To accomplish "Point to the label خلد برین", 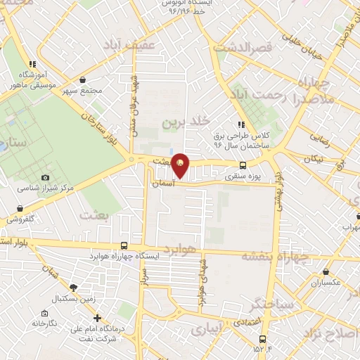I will click(186, 122).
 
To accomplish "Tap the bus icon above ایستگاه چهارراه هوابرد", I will click(124, 245).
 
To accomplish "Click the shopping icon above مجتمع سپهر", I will click(84, 80).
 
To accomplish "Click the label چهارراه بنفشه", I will click(275, 257).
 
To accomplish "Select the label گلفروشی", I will click(22, 219).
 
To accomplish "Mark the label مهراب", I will click(349, 227).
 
